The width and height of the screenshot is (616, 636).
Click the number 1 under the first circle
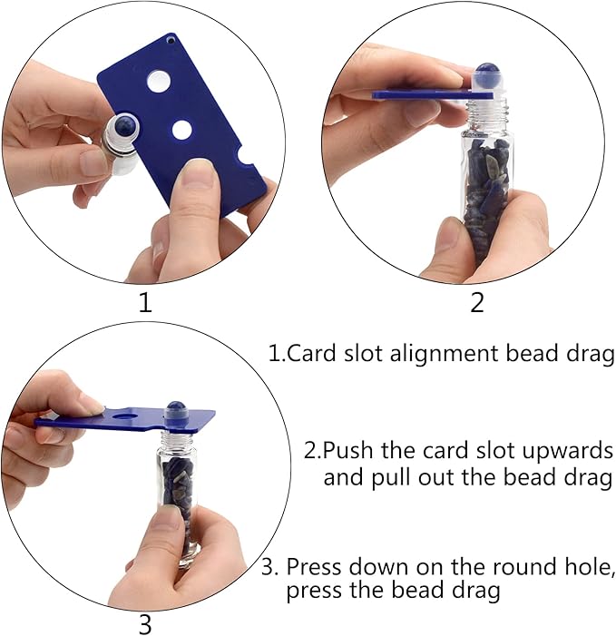tap(145, 302)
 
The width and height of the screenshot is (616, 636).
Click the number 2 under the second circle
tap(477, 302)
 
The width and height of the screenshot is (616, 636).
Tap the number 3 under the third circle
tap(145, 624)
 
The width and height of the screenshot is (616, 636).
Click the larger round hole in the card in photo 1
tap(159, 82)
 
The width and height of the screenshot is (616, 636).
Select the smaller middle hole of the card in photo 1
tap(181, 130)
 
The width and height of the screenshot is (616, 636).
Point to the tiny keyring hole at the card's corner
tap(171, 40)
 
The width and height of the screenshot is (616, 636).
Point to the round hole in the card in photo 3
tap(124, 416)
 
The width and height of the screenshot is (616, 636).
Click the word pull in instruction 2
tap(391, 478)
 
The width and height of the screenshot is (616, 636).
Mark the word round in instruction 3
tap(523, 567)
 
